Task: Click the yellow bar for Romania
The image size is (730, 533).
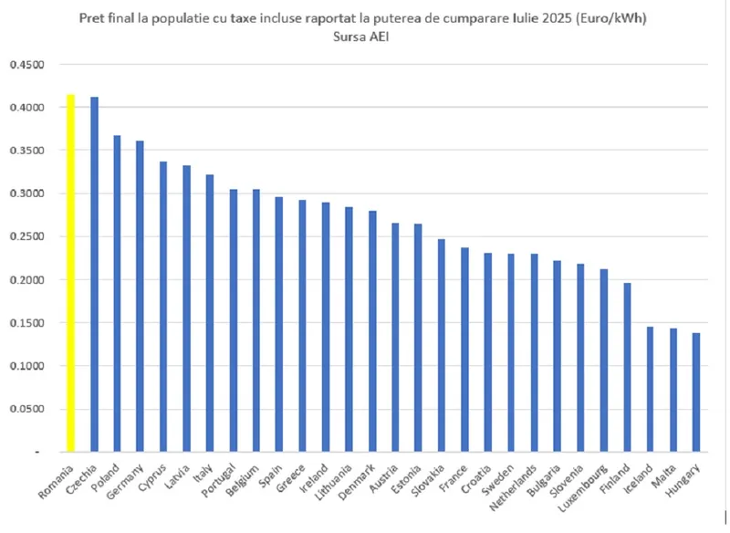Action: coord(71,274)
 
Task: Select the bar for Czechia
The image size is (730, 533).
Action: coord(94,274)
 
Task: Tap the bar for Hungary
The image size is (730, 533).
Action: coord(696,392)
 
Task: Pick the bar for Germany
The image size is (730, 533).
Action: coord(140,297)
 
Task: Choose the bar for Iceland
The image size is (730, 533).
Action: coord(650,389)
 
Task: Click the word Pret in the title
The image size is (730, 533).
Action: coord(94,16)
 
